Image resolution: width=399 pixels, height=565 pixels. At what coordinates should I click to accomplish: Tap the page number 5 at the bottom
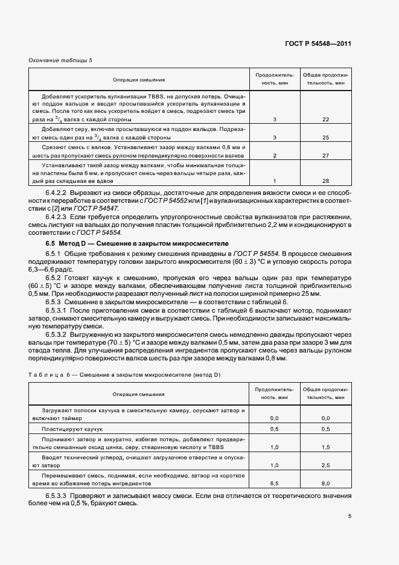tap(350, 516)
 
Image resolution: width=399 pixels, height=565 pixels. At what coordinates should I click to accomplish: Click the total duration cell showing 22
tap(325, 120)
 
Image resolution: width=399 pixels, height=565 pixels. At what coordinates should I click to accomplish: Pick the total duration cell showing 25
tap(325, 137)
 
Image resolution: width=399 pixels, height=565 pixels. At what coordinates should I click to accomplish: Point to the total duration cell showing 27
tap(325, 155)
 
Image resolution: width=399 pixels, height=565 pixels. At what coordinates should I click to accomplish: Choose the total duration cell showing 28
tap(325, 181)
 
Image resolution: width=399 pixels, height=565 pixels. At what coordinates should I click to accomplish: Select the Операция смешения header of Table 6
tap(139, 394)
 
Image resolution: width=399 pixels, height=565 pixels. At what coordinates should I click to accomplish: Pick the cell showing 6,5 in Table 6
tap(275, 483)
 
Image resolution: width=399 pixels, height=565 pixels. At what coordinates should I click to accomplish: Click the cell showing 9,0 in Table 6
tap(325, 483)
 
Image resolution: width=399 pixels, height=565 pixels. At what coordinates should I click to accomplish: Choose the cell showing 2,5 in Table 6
tap(325, 465)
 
